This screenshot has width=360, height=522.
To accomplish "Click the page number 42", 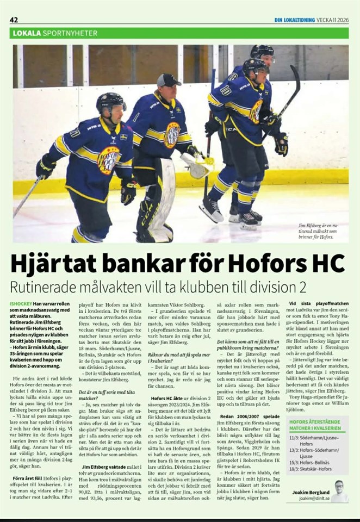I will pyautogui.click(x=15, y=20).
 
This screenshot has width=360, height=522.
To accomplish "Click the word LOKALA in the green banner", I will pyautogui.click(x=27, y=33).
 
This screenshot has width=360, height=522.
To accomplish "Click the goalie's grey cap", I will pyautogui.click(x=168, y=80).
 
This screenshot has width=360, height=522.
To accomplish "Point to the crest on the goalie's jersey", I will pyautogui.click(x=172, y=135).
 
